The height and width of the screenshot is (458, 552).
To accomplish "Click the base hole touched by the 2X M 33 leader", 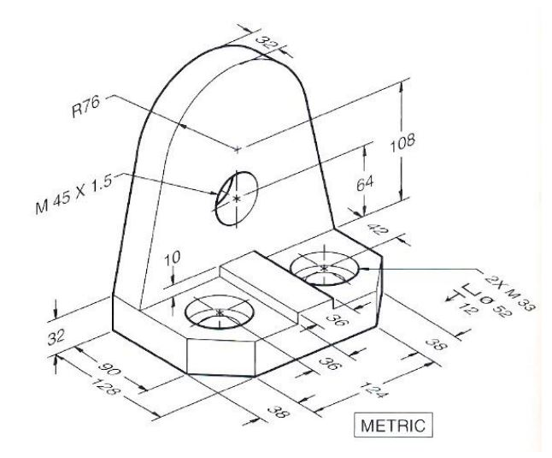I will click(x=324, y=268).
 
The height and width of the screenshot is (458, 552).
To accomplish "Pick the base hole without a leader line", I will click(x=220, y=312).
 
